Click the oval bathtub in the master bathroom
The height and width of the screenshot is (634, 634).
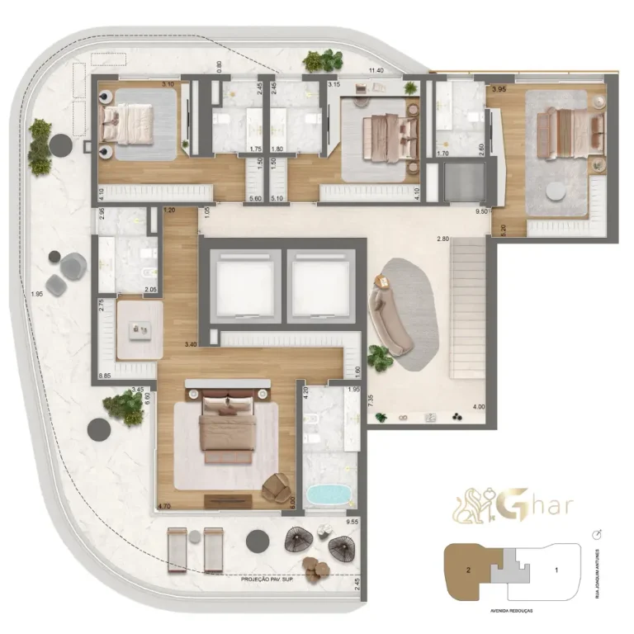329,495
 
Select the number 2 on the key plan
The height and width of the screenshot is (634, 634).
467,570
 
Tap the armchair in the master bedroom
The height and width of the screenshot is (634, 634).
275,489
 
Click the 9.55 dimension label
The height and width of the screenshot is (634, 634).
352,523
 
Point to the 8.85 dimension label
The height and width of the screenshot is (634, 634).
104,376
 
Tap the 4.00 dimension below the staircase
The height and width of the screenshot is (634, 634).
478,407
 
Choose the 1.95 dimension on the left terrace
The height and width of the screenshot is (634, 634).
35,295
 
